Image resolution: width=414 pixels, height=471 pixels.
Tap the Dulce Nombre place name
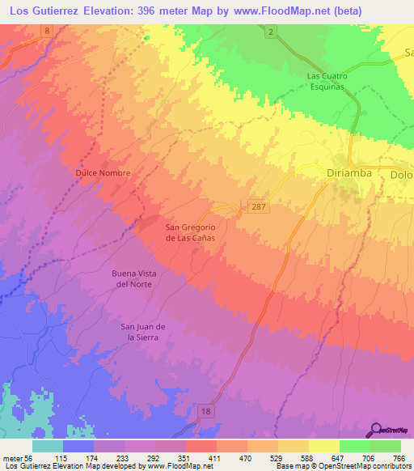coord(103,173)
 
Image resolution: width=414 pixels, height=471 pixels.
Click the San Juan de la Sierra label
coord(144,331)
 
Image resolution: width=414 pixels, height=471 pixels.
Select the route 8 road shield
coord(47,30)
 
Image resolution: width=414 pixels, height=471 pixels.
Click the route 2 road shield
coord(273,30)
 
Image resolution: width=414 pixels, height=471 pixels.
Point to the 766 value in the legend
coord(398,458)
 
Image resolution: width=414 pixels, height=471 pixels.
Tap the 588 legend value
coord(306,458)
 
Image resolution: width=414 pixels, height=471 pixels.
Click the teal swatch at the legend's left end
coord(47,446)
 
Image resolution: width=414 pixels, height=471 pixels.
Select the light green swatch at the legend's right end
coord(386,446)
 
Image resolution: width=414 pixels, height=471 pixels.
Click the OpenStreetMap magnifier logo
coord(377,430)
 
